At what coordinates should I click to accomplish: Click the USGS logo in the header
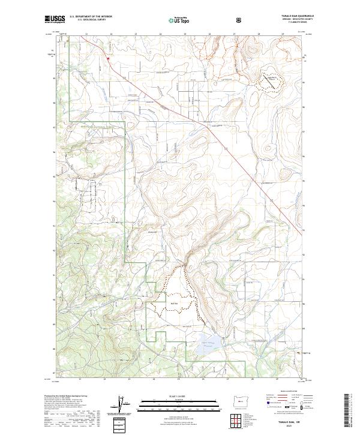[x=55, y=20]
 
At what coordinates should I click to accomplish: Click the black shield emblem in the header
[x=240, y=19]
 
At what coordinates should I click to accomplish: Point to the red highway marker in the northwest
[x=108, y=58]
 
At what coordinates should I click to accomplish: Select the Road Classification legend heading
[x=287, y=391]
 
